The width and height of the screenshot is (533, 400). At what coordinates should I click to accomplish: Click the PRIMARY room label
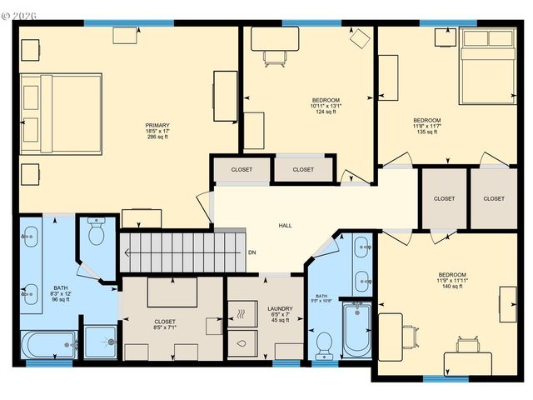click(157, 125)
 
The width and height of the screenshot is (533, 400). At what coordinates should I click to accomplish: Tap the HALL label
click(285, 226)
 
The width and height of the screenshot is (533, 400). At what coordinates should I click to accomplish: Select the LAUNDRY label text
click(280, 309)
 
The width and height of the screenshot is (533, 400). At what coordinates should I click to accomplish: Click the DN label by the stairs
click(252, 252)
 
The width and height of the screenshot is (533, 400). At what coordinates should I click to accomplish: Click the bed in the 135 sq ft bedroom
click(487, 67)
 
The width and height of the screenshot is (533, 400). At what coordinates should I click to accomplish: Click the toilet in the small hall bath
click(325, 343)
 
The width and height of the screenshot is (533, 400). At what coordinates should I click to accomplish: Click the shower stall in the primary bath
click(101, 342)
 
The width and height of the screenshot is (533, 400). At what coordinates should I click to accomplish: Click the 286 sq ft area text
click(157, 137)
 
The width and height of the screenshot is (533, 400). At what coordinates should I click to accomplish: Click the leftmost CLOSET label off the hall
click(242, 169)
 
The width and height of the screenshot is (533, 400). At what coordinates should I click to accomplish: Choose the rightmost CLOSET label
click(494, 198)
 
